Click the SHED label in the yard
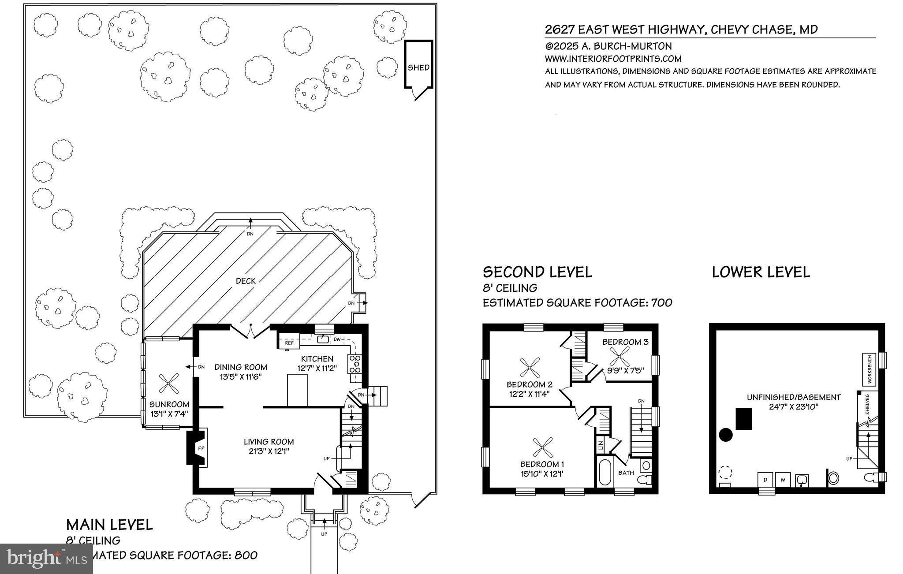[x=418, y=67]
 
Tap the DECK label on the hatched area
[x=246, y=281]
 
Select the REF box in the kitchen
[x=289, y=343]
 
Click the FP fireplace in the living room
[x=201, y=448]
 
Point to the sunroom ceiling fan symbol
[x=168, y=384]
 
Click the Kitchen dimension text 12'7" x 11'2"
[x=317, y=368]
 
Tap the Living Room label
[x=269, y=442]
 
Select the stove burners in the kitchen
[x=355, y=365]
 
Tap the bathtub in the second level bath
[x=604, y=472]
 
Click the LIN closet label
[x=600, y=445]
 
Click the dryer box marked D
[x=765, y=479]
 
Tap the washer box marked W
[x=783, y=479]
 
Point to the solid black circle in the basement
[x=726, y=435]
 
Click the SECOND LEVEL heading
[x=537, y=272]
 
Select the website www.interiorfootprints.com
[x=613, y=59]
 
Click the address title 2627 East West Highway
[x=681, y=30]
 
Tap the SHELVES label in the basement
[x=867, y=404]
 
